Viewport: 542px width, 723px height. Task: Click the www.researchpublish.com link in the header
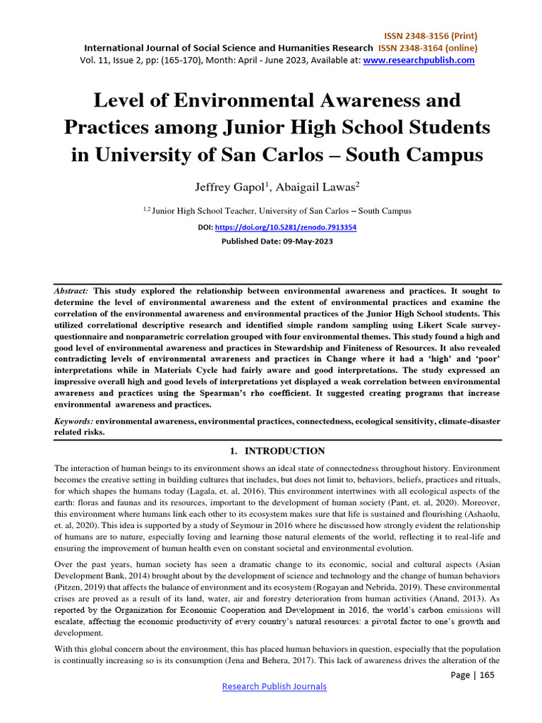tap(419, 61)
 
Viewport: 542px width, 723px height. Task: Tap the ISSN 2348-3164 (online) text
tap(428, 48)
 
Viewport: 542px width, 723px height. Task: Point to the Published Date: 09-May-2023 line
tap(271, 241)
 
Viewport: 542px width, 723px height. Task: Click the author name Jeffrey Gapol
tap(220, 187)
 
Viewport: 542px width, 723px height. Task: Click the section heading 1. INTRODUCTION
tap(271, 451)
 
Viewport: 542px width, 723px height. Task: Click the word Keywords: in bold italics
tap(74, 421)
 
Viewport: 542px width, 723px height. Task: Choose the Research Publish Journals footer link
tap(275, 686)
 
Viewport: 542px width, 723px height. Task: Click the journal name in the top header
tap(229, 48)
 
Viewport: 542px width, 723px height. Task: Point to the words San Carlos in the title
tap(314, 154)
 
